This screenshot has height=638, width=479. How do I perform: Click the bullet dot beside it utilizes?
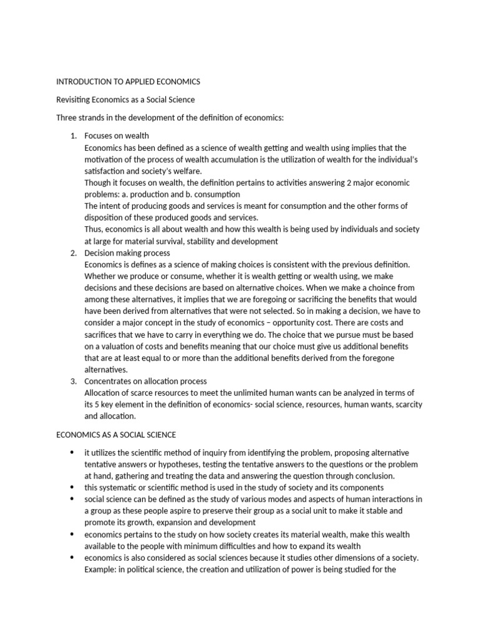coord(72,452)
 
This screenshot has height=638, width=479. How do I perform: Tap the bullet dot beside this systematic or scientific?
coord(72,487)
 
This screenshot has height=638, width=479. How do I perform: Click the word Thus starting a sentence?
coord(94,229)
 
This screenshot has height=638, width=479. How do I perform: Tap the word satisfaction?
coord(106,171)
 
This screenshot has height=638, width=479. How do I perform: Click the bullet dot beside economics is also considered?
coord(72,557)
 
